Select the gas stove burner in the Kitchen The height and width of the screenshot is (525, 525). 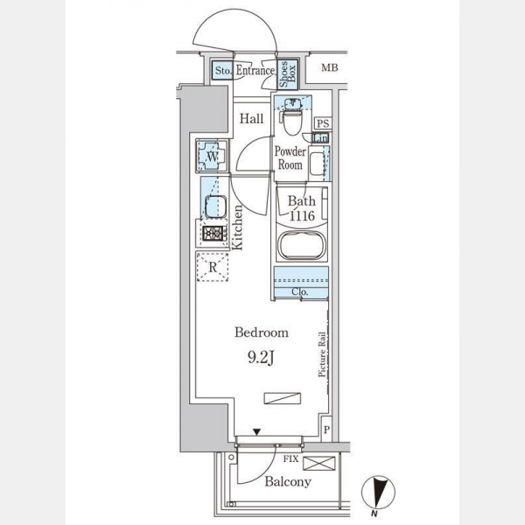pos(213,234)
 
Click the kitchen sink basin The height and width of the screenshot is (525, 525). pos(215,206)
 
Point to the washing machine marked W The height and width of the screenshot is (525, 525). pos(212,156)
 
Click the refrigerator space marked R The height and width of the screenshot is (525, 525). pos(213,267)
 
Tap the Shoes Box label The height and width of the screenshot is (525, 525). pos(288,74)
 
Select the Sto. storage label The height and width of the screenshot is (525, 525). pos(223,71)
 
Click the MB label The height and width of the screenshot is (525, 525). pos(330,67)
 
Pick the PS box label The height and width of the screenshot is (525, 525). pos(323,123)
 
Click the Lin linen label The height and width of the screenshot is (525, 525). pos(320,138)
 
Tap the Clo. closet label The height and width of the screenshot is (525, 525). pos(299,291)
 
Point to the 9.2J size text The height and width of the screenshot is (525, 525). pos(261,358)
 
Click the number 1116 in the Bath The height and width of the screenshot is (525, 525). pos(302,216)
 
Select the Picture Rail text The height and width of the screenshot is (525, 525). pos(322,354)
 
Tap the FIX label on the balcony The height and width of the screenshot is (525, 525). pos(290,458)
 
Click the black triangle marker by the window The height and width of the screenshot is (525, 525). pos(256,432)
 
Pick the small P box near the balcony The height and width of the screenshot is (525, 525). pos(326,430)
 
